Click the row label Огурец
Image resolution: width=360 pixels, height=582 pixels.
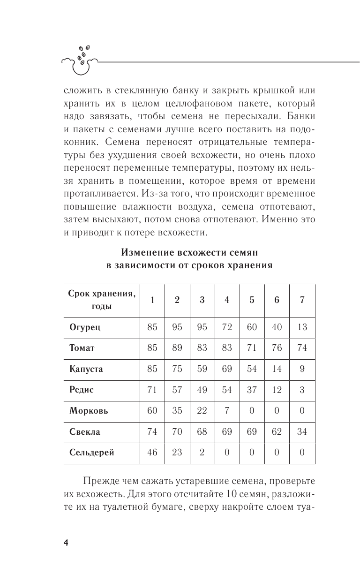point(82,327)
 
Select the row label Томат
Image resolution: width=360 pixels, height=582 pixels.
point(82,348)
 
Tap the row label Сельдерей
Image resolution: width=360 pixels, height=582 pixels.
point(91,453)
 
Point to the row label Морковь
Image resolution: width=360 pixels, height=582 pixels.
point(89,411)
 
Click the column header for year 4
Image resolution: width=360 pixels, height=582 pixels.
point(227,300)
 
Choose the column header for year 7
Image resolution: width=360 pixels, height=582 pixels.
point(302,300)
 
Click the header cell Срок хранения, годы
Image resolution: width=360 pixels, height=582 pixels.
point(102,300)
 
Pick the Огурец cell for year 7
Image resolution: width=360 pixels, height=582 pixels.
point(302,327)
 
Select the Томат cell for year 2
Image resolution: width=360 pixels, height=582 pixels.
point(177,348)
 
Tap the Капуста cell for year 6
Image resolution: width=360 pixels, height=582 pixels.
point(277,369)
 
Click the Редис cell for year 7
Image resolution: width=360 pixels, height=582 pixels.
point(302,390)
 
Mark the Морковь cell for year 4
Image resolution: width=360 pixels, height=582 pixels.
point(227,411)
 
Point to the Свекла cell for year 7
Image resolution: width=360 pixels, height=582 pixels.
point(302,431)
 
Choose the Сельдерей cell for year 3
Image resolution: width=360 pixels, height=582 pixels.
point(202,453)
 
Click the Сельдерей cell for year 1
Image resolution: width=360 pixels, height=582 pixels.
point(152,453)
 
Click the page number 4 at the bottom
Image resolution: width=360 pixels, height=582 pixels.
point(66,543)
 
